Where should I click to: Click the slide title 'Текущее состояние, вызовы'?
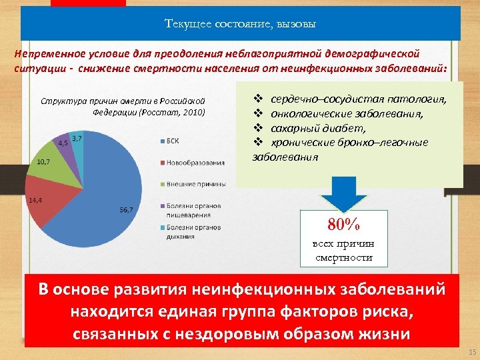[x=240, y=25]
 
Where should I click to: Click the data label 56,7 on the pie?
[x=126, y=210]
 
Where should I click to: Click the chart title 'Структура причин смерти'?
[x=123, y=106]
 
